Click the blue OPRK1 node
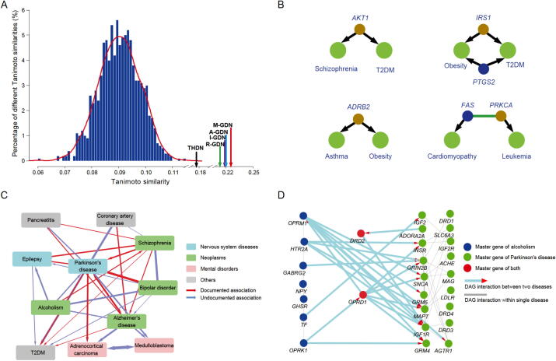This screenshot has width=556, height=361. click(304, 342)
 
